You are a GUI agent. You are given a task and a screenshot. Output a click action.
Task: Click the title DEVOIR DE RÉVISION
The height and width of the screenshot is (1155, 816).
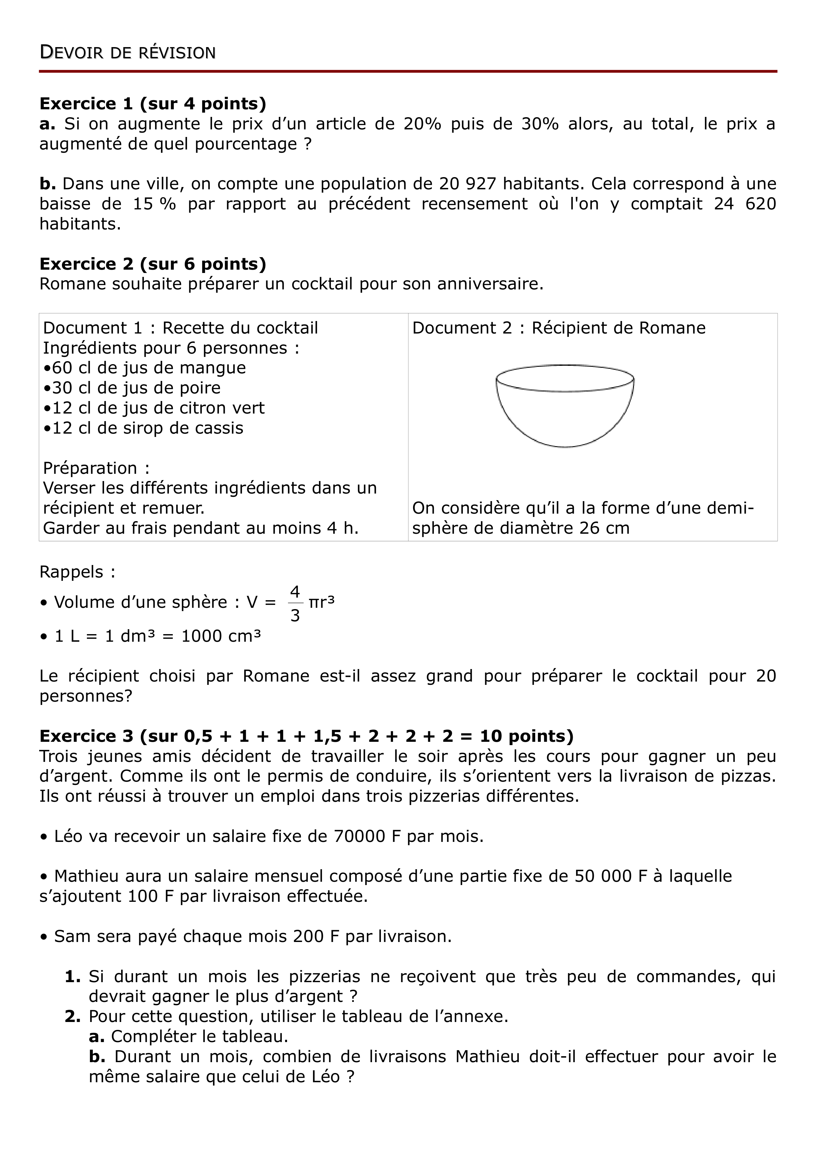[128, 53]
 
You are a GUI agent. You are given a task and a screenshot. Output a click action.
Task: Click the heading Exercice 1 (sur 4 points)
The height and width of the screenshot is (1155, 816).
[153, 104]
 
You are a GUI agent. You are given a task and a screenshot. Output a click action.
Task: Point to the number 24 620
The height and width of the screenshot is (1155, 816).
[745, 204]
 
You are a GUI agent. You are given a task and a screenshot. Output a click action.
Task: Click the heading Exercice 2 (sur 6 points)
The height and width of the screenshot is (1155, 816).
[153, 264]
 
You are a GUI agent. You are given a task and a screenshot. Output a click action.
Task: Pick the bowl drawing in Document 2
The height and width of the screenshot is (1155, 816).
[565, 405]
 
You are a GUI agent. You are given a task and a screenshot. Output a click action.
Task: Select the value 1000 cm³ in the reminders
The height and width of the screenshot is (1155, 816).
[221, 636]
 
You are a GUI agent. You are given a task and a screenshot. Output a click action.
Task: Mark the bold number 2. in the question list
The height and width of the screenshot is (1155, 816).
[73, 1017]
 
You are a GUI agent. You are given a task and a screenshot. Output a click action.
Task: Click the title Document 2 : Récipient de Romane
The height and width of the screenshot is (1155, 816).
[559, 328]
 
